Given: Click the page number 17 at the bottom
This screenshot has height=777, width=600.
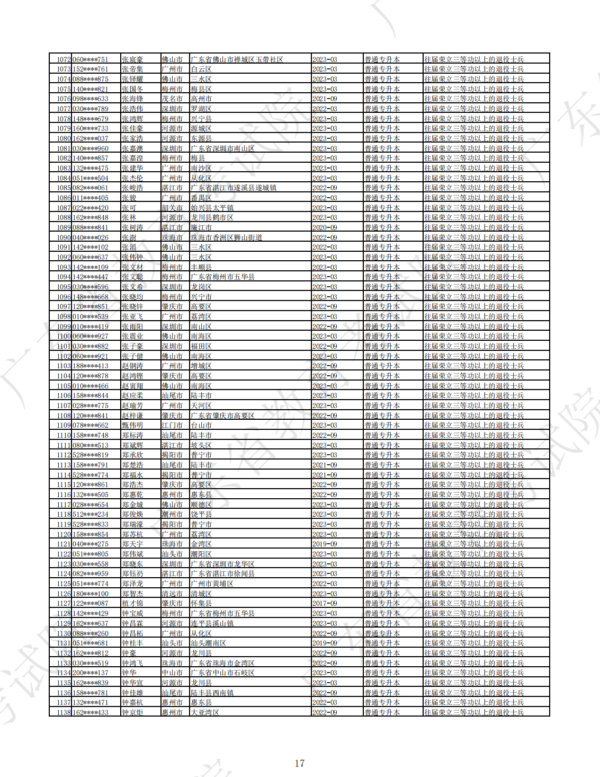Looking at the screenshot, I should (x=299, y=763).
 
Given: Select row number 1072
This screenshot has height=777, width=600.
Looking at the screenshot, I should (x=64, y=59).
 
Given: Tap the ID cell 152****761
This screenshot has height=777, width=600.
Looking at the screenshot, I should (x=90, y=69).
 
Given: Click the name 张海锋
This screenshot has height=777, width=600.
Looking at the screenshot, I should (x=132, y=99).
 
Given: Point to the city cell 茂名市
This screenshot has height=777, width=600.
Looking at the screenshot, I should (x=172, y=99).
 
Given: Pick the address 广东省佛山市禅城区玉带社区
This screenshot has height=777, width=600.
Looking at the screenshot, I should (x=237, y=59).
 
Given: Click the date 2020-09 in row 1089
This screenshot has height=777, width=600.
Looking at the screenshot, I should (x=325, y=227).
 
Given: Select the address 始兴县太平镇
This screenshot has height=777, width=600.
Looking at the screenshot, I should (x=212, y=208).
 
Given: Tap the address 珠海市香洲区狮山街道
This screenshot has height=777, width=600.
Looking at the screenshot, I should (x=226, y=237).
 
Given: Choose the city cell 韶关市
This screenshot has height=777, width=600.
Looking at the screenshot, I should (x=172, y=208).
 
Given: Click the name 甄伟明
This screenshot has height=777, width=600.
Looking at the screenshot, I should (x=132, y=426).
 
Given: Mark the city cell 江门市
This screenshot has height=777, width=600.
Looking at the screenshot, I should (x=172, y=426).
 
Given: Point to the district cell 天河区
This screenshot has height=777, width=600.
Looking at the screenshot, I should (x=201, y=405).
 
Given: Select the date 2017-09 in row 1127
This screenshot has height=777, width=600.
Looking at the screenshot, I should (x=325, y=603).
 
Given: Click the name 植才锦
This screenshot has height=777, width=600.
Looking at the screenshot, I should (x=132, y=603).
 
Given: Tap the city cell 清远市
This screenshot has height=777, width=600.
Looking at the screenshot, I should (x=172, y=594).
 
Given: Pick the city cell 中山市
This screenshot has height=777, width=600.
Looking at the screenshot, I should (x=172, y=673).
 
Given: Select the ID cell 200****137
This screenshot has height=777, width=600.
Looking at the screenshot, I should (x=90, y=673).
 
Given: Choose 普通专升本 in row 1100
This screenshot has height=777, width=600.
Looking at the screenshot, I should (x=382, y=337).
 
